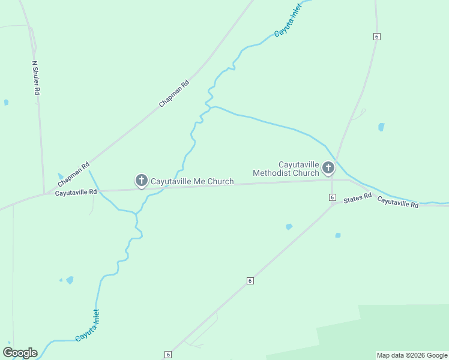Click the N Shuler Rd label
pyautogui.click(x=36, y=77)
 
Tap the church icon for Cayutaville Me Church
pyautogui.click(x=141, y=180)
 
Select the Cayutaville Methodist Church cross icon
pyautogui.click(x=328, y=167)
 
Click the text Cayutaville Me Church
pyautogui.click(x=191, y=181)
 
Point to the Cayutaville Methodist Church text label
pyautogui.click(x=286, y=169)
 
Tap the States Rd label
pyautogui.click(x=359, y=197)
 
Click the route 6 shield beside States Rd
pyautogui.click(x=332, y=197)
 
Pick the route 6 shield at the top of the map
pyautogui.click(x=376, y=37)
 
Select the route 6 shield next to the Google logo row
pyautogui.click(x=167, y=355)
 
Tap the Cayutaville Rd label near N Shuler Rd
pyautogui.click(x=76, y=193)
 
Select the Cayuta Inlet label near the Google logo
pyautogui.click(x=87, y=326)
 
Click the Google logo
pyautogui.click(x=20, y=353)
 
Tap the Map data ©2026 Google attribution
pyautogui.click(x=412, y=355)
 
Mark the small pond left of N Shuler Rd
pyautogui.click(x=6, y=103)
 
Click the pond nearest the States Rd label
pyautogui.click(x=338, y=235)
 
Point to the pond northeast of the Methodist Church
pyautogui.click(x=381, y=127)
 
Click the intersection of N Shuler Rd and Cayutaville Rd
pyautogui.click(x=44, y=193)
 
